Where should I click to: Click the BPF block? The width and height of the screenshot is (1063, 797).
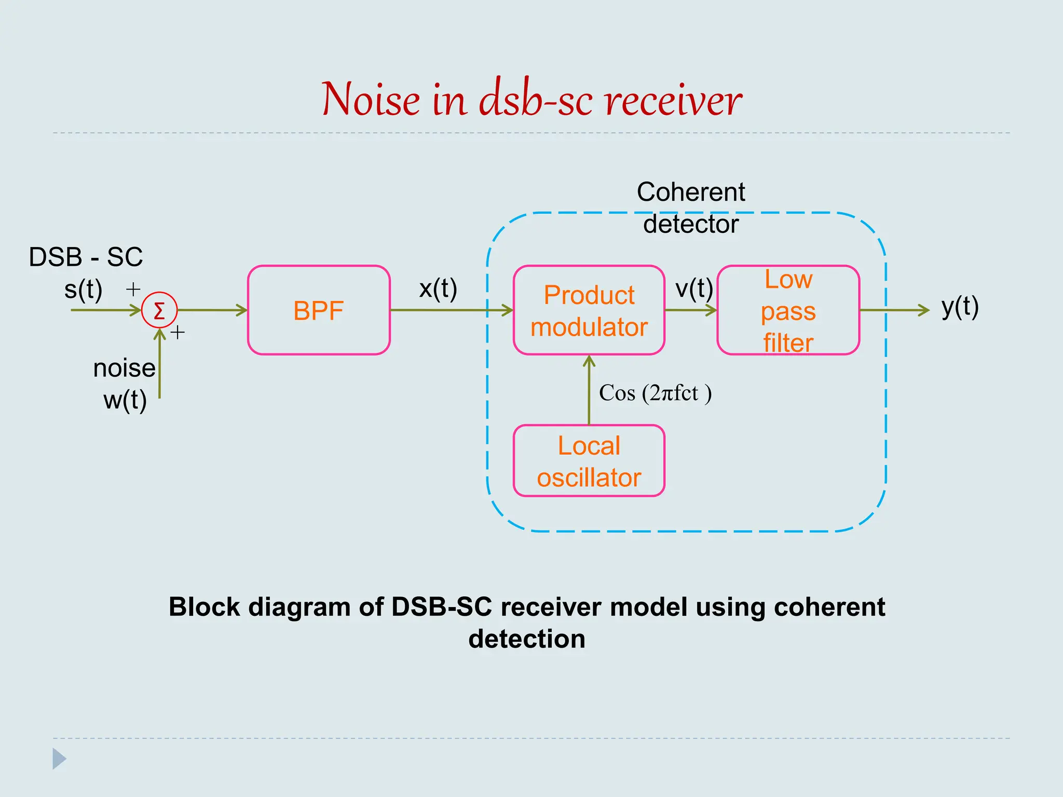tap(319, 310)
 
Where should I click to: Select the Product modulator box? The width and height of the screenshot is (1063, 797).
tap(589, 310)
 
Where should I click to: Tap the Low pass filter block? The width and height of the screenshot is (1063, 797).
tap(788, 310)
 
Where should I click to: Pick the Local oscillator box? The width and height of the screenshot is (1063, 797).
tap(589, 461)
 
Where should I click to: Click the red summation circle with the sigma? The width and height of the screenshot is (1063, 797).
tap(159, 310)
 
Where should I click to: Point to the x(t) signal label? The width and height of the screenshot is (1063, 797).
tap(438, 288)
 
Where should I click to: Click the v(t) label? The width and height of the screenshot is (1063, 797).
tap(694, 288)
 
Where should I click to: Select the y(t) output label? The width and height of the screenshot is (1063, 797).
tap(960, 307)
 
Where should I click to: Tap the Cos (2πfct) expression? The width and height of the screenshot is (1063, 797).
tap(655, 393)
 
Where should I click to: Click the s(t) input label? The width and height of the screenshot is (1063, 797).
tap(83, 290)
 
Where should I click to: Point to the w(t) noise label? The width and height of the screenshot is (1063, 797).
tap(125, 400)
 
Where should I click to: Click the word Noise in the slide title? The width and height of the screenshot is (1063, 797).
tap(371, 100)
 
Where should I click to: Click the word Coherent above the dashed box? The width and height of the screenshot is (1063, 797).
tap(690, 192)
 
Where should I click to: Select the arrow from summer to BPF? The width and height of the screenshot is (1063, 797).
tap(212, 310)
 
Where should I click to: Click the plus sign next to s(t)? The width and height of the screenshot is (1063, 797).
tap(133, 289)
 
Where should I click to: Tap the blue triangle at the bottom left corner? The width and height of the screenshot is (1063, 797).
tap(59, 759)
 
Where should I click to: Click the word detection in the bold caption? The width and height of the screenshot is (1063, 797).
tap(526, 639)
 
